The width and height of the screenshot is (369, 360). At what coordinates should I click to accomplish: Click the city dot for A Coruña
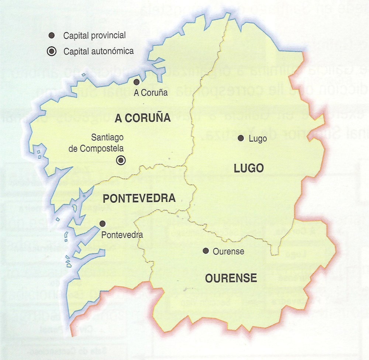tap(137, 82)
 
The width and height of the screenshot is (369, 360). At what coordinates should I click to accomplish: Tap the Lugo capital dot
tap(241, 138)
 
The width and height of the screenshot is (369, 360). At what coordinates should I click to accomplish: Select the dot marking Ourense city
tap(206, 251)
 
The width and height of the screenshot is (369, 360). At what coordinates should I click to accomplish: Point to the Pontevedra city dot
tap(103, 224)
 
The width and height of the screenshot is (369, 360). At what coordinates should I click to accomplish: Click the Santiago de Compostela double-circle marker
tap(121, 160)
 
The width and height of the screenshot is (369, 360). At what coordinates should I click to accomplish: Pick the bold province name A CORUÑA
tap(142, 118)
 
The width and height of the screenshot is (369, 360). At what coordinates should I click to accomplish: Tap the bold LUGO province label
tap(249, 169)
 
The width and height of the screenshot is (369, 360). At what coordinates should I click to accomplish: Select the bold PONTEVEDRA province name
tap(139, 198)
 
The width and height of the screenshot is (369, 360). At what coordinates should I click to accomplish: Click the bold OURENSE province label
tap(231, 277)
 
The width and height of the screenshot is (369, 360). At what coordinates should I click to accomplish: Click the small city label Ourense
tap(229, 252)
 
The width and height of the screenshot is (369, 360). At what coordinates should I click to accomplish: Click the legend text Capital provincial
tap(94, 36)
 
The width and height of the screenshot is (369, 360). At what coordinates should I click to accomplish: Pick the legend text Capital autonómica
tap(98, 51)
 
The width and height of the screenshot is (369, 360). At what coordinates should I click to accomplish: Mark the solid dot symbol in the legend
tap(52, 35)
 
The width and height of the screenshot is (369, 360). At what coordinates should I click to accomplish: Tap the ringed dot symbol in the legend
tap(52, 51)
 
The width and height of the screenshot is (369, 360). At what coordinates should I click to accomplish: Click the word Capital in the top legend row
tap(75, 36)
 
